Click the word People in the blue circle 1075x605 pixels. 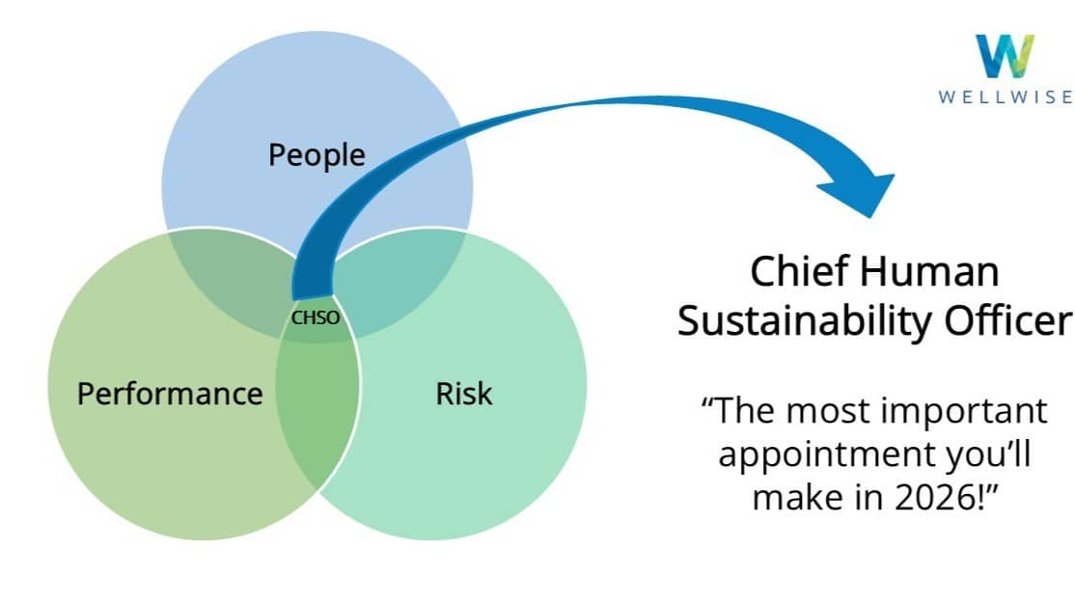pyautogui.click(x=317, y=154)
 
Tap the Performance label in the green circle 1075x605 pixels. pyautogui.click(x=170, y=394)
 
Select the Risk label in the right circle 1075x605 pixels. pyautogui.click(x=463, y=394)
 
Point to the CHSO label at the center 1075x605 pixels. pyautogui.click(x=316, y=317)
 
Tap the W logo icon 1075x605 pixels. pyautogui.click(x=1004, y=56)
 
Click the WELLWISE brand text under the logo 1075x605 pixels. pyautogui.click(x=1005, y=96)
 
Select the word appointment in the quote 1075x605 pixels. pyautogui.click(x=813, y=454)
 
